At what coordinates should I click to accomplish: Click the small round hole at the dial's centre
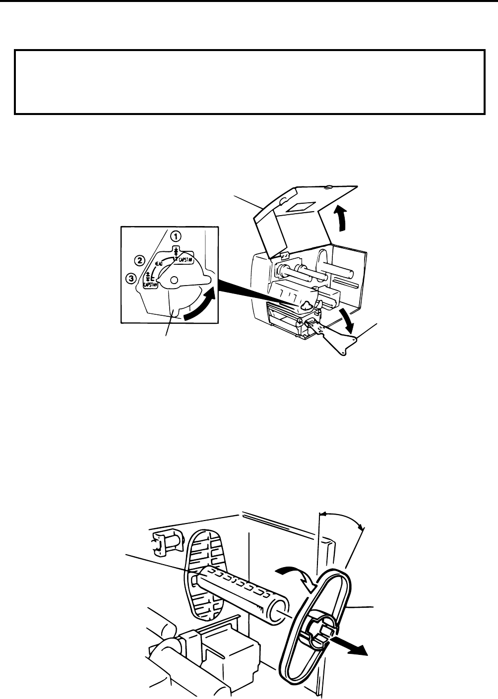tap(173, 281)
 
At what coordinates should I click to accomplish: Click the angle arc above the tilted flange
tap(342, 518)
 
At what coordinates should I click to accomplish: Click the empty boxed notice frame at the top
tap(249, 82)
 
